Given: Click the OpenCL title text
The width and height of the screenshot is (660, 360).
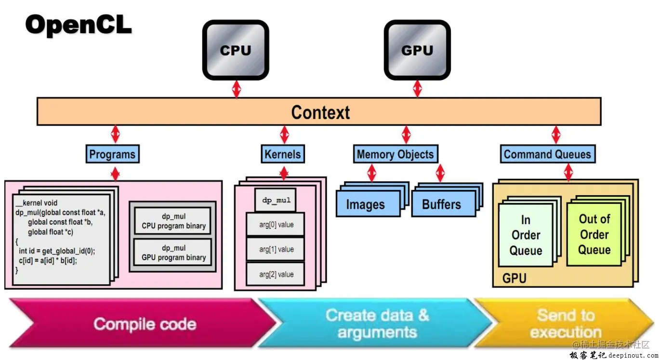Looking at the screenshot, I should pyautogui.click(x=79, y=25).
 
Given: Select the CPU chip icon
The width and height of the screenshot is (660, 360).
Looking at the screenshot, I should pyautogui.click(x=236, y=50).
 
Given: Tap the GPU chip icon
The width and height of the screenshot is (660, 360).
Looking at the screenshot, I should pyautogui.click(x=417, y=50).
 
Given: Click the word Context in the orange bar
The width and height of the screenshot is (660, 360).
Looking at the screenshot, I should pyautogui.click(x=320, y=112).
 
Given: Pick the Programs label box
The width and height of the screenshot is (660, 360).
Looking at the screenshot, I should pyautogui.click(x=113, y=155).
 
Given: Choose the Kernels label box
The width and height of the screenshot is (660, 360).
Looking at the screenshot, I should pyautogui.click(x=283, y=155).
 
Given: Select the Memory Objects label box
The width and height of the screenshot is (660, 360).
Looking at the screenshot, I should pyautogui.click(x=395, y=155).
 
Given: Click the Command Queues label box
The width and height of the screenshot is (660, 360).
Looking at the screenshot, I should pyautogui.click(x=547, y=155).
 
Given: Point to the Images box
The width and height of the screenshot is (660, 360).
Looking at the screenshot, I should pyautogui.click(x=366, y=204).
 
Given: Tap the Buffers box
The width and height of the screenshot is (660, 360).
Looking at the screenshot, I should pyautogui.click(x=441, y=204).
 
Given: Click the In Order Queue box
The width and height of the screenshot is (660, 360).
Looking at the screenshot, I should pyautogui.click(x=526, y=235).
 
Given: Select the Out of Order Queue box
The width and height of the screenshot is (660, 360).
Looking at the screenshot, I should pyautogui.click(x=594, y=234).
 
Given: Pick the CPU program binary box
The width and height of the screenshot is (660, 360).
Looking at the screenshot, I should pyautogui.click(x=173, y=221).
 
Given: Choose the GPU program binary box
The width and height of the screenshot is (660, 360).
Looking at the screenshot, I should pyautogui.click(x=173, y=253).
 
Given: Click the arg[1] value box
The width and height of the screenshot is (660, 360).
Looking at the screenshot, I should pyautogui.click(x=276, y=250).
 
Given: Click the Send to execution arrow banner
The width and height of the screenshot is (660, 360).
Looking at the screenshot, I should pyautogui.click(x=565, y=323).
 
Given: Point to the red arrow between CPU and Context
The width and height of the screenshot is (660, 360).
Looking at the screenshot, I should pyautogui.click(x=236, y=89).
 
